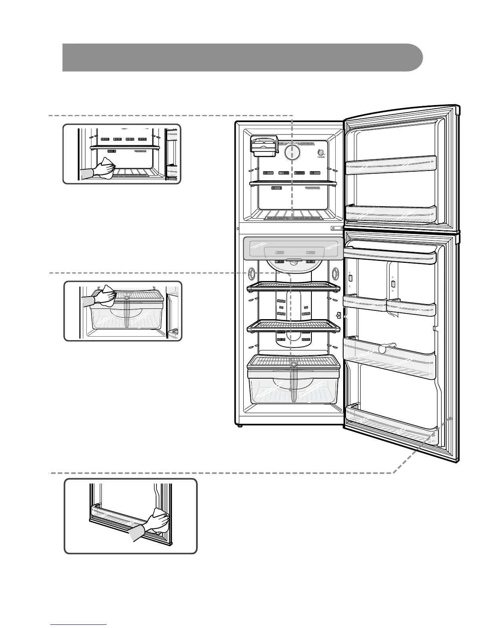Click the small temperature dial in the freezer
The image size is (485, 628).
pos(321,153)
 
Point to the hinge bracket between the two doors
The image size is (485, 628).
pos(337,228)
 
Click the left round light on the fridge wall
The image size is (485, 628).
pos(250,273)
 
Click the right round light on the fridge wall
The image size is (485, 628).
pos(336,273)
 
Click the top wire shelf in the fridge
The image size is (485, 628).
pos(293,287)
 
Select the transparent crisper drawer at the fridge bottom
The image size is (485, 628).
pos(293,387)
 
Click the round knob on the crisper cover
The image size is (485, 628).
pos(293,364)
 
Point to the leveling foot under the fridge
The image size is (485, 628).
pos(239,426)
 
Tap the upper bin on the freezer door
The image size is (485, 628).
pos(390,165)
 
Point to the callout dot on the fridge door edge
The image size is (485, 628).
pos(451,418)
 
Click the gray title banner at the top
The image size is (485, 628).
pos(242,57)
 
